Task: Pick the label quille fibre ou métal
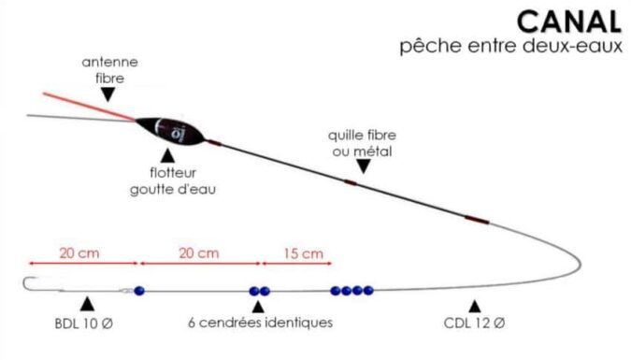pyautogui.click(x=361, y=144)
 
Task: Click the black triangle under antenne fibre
pyautogui.click(x=108, y=94)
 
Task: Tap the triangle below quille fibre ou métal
pyautogui.click(x=363, y=166)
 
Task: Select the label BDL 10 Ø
pyautogui.click(x=88, y=324)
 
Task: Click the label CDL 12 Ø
pyautogui.click(x=474, y=324)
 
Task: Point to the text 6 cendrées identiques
pyautogui.click(x=260, y=324)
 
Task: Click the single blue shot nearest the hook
pyautogui.click(x=139, y=291)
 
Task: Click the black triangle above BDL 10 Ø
pyautogui.click(x=87, y=305)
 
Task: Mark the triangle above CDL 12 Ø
pyautogui.click(x=474, y=306)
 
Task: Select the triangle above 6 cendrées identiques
pyautogui.click(x=259, y=306)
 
